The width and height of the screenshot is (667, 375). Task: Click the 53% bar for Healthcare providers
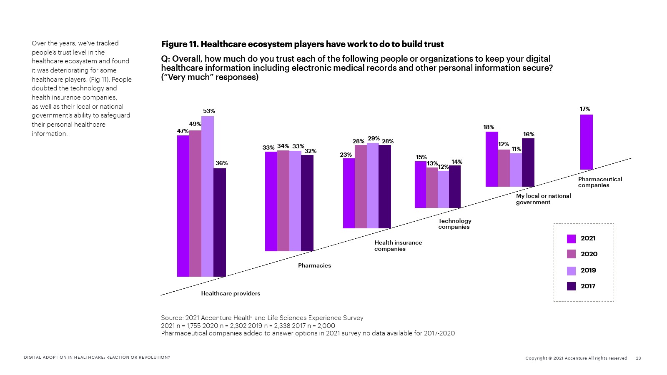pyautogui.click(x=207, y=196)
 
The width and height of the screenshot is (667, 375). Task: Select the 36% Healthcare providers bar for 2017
pyautogui.click(x=220, y=222)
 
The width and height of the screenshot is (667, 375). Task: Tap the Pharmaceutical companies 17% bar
pyautogui.click(x=586, y=142)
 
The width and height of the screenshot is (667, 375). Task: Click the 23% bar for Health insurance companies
pyautogui.click(x=349, y=193)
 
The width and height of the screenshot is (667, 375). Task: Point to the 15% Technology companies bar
pyautogui.click(x=420, y=184)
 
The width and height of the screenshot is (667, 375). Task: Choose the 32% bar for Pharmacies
pyautogui.click(x=307, y=203)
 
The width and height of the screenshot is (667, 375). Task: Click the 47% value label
pyautogui.click(x=183, y=131)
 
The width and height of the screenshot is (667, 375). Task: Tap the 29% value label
pyautogui.click(x=374, y=138)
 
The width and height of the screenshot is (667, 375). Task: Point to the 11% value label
pyautogui.click(x=517, y=149)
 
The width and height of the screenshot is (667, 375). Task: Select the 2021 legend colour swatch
pyautogui.click(x=571, y=239)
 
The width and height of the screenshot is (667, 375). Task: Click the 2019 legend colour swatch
pyautogui.click(x=571, y=271)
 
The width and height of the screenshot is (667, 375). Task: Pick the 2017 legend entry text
pyautogui.click(x=588, y=286)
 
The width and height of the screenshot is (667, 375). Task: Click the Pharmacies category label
pyautogui.click(x=314, y=265)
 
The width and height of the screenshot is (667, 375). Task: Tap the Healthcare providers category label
pyautogui.click(x=231, y=293)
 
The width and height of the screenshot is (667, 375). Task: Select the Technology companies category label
pyautogui.click(x=454, y=224)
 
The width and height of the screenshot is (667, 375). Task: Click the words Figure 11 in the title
pyautogui.click(x=179, y=44)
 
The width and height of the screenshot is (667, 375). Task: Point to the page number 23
pyautogui.click(x=638, y=358)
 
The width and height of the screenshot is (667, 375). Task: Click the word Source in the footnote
pyautogui.click(x=172, y=318)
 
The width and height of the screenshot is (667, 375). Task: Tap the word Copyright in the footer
pyautogui.click(x=536, y=358)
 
